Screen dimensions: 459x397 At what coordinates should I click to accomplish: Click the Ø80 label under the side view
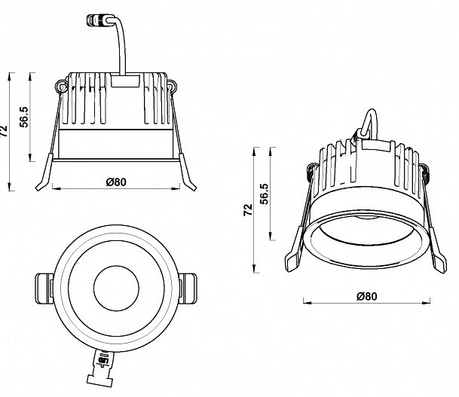[x=116, y=182]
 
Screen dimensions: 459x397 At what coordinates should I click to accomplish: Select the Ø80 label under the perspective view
[x=367, y=296]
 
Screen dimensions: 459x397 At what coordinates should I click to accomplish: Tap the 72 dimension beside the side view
[x=4, y=131]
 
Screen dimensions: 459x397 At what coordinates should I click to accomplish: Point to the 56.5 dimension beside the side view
[x=24, y=117]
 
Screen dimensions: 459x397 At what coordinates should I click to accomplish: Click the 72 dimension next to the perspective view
[x=248, y=209]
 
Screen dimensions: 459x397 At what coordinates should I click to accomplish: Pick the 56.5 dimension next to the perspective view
[x=264, y=194]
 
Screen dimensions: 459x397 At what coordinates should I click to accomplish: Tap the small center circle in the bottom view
[x=117, y=288]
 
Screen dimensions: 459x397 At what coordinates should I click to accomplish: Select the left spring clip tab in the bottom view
[x=44, y=289]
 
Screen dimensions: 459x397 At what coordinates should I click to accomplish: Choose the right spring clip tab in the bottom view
[x=188, y=289]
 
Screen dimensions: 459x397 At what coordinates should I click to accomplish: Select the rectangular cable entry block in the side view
[x=125, y=81]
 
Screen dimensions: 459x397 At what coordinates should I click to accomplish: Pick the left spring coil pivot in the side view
[x=62, y=87]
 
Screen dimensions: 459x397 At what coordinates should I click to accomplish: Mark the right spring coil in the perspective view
[x=425, y=176]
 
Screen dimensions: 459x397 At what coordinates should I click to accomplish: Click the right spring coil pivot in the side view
[x=172, y=87]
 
